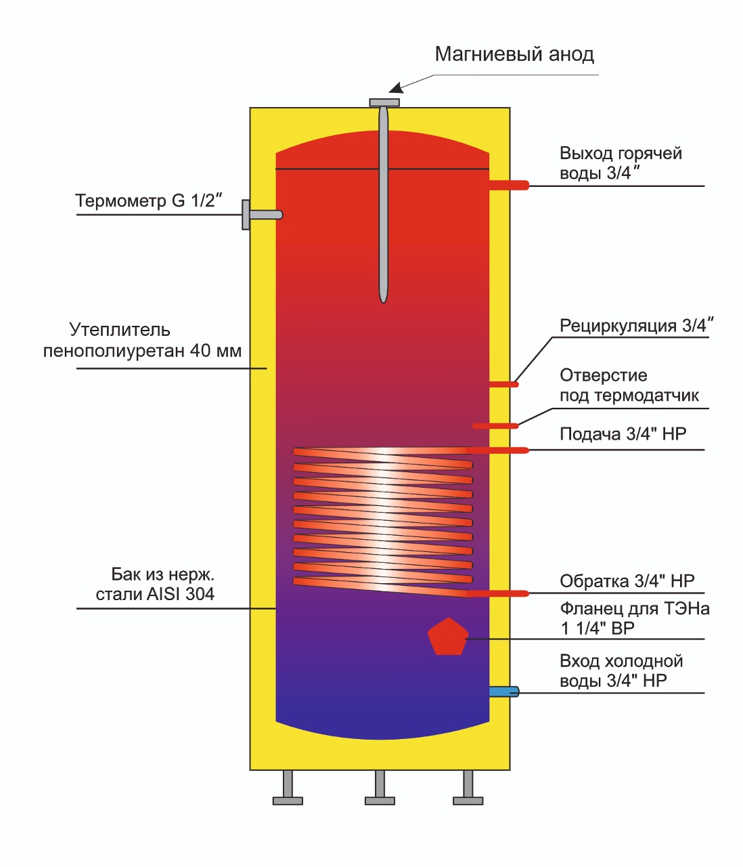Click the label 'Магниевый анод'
514,54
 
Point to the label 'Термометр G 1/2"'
149,200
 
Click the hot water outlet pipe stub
509,185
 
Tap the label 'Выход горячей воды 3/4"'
621,163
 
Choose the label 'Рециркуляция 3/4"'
637,326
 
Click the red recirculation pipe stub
504,385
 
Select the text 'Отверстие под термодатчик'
629,385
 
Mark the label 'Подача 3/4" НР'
623,434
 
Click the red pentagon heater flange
448,637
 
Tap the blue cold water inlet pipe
504,692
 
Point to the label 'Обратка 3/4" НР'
627,581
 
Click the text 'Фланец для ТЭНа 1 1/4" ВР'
634,618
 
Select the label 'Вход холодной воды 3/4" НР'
621,671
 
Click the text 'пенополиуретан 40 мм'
142,351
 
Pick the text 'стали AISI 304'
155,594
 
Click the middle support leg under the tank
380,788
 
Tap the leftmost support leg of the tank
288,788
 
